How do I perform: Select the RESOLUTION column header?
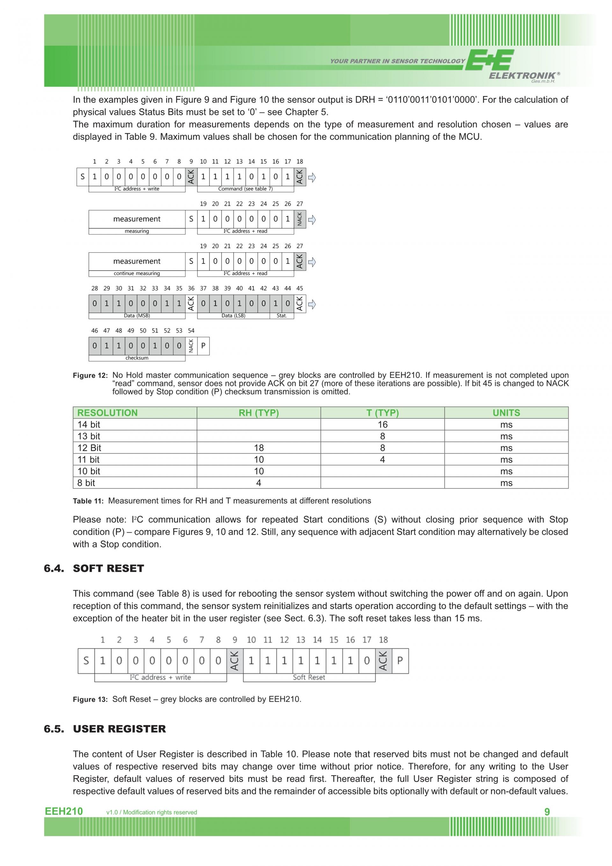click(107, 413)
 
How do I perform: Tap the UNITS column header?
click(506, 413)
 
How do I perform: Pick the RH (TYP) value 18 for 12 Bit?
click(259, 448)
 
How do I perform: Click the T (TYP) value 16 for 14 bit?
click(382, 424)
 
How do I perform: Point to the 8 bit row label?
click(86, 483)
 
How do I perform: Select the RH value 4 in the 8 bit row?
click(259, 483)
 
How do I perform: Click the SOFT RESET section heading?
click(108, 568)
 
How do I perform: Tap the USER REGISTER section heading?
click(120, 729)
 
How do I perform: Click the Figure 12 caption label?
click(90, 376)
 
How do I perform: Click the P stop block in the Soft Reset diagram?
click(400, 661)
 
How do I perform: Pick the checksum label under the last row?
click(137, 358)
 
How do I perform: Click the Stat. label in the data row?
click(281, 316)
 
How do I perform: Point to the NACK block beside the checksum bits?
click(191, 346)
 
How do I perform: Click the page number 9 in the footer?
click(547, 812)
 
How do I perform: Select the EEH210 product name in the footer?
click(64, 811)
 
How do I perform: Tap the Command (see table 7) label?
click(245, 189)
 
